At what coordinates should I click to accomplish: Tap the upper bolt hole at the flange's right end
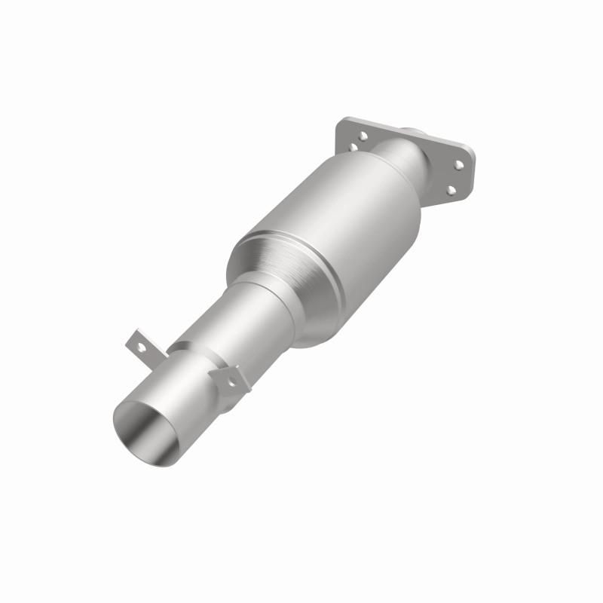tap(458, 164)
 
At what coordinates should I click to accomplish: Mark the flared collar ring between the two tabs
tap(188, 354)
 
